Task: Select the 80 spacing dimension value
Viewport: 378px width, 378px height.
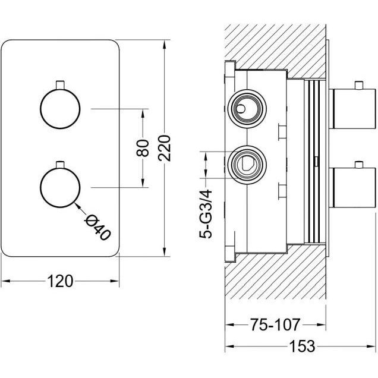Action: (x=142, y=148)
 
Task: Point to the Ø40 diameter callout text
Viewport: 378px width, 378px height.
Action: (x=99, y=226)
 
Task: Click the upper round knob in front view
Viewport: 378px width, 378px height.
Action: (x=59, y=109)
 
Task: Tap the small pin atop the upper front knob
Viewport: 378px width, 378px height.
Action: (x=59, y=84)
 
